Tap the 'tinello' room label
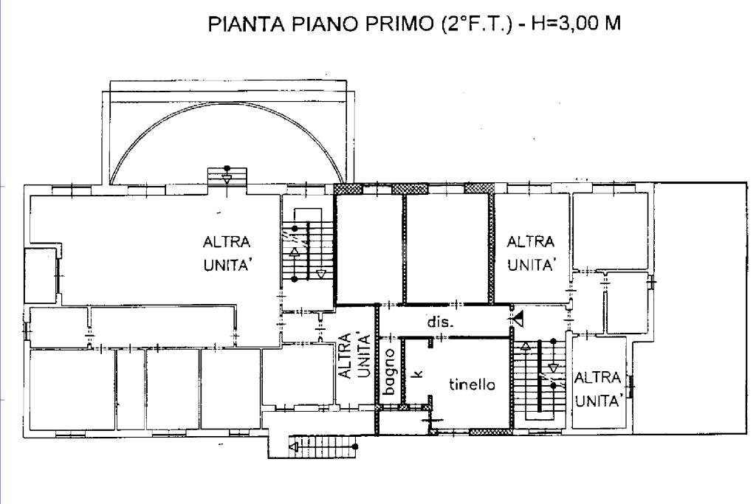[x=472, y=384]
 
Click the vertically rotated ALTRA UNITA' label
[x=353, y=356]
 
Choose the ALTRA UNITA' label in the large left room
[x=227, y=254]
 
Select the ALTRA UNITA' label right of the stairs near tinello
[x=597, y=390]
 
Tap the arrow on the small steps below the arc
[x=227, y=178]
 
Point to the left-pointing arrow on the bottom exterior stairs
[x=294, y=446]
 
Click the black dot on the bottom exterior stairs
[x=355, y=446]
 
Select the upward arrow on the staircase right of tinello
[x=526, y=347]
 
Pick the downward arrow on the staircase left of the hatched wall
[x=320, y=275]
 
